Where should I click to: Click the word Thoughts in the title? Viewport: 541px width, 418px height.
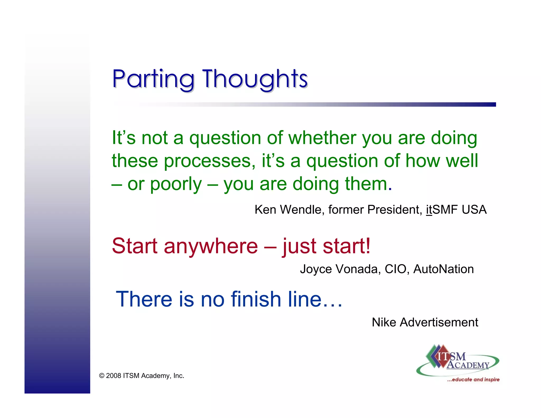tap(255, 79)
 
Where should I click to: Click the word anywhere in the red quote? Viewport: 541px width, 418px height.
tap(211, 246)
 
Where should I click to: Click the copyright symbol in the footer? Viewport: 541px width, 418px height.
tap(101, 376)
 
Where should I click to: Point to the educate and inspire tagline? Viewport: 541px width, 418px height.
tap(473, 380)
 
